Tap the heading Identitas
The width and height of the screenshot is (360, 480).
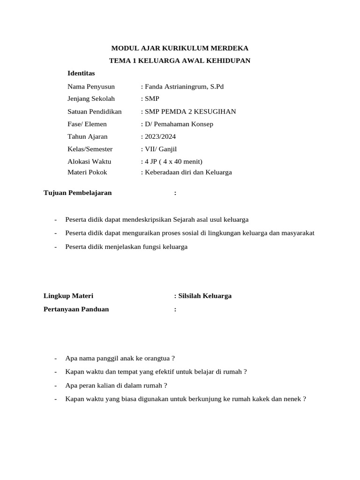[81, 73]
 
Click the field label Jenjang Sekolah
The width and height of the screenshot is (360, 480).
[91, 98]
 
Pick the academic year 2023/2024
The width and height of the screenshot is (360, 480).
[160, 136]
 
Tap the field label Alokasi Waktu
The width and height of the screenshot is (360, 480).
[90, 161]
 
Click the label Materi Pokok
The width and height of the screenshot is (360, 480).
[87, 172]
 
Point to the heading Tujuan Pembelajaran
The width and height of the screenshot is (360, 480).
[77, 193]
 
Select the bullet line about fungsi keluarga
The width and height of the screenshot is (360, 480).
[127, 247]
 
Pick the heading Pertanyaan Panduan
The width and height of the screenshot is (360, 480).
[76, 309]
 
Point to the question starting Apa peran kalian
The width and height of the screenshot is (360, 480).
[116, 385]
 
